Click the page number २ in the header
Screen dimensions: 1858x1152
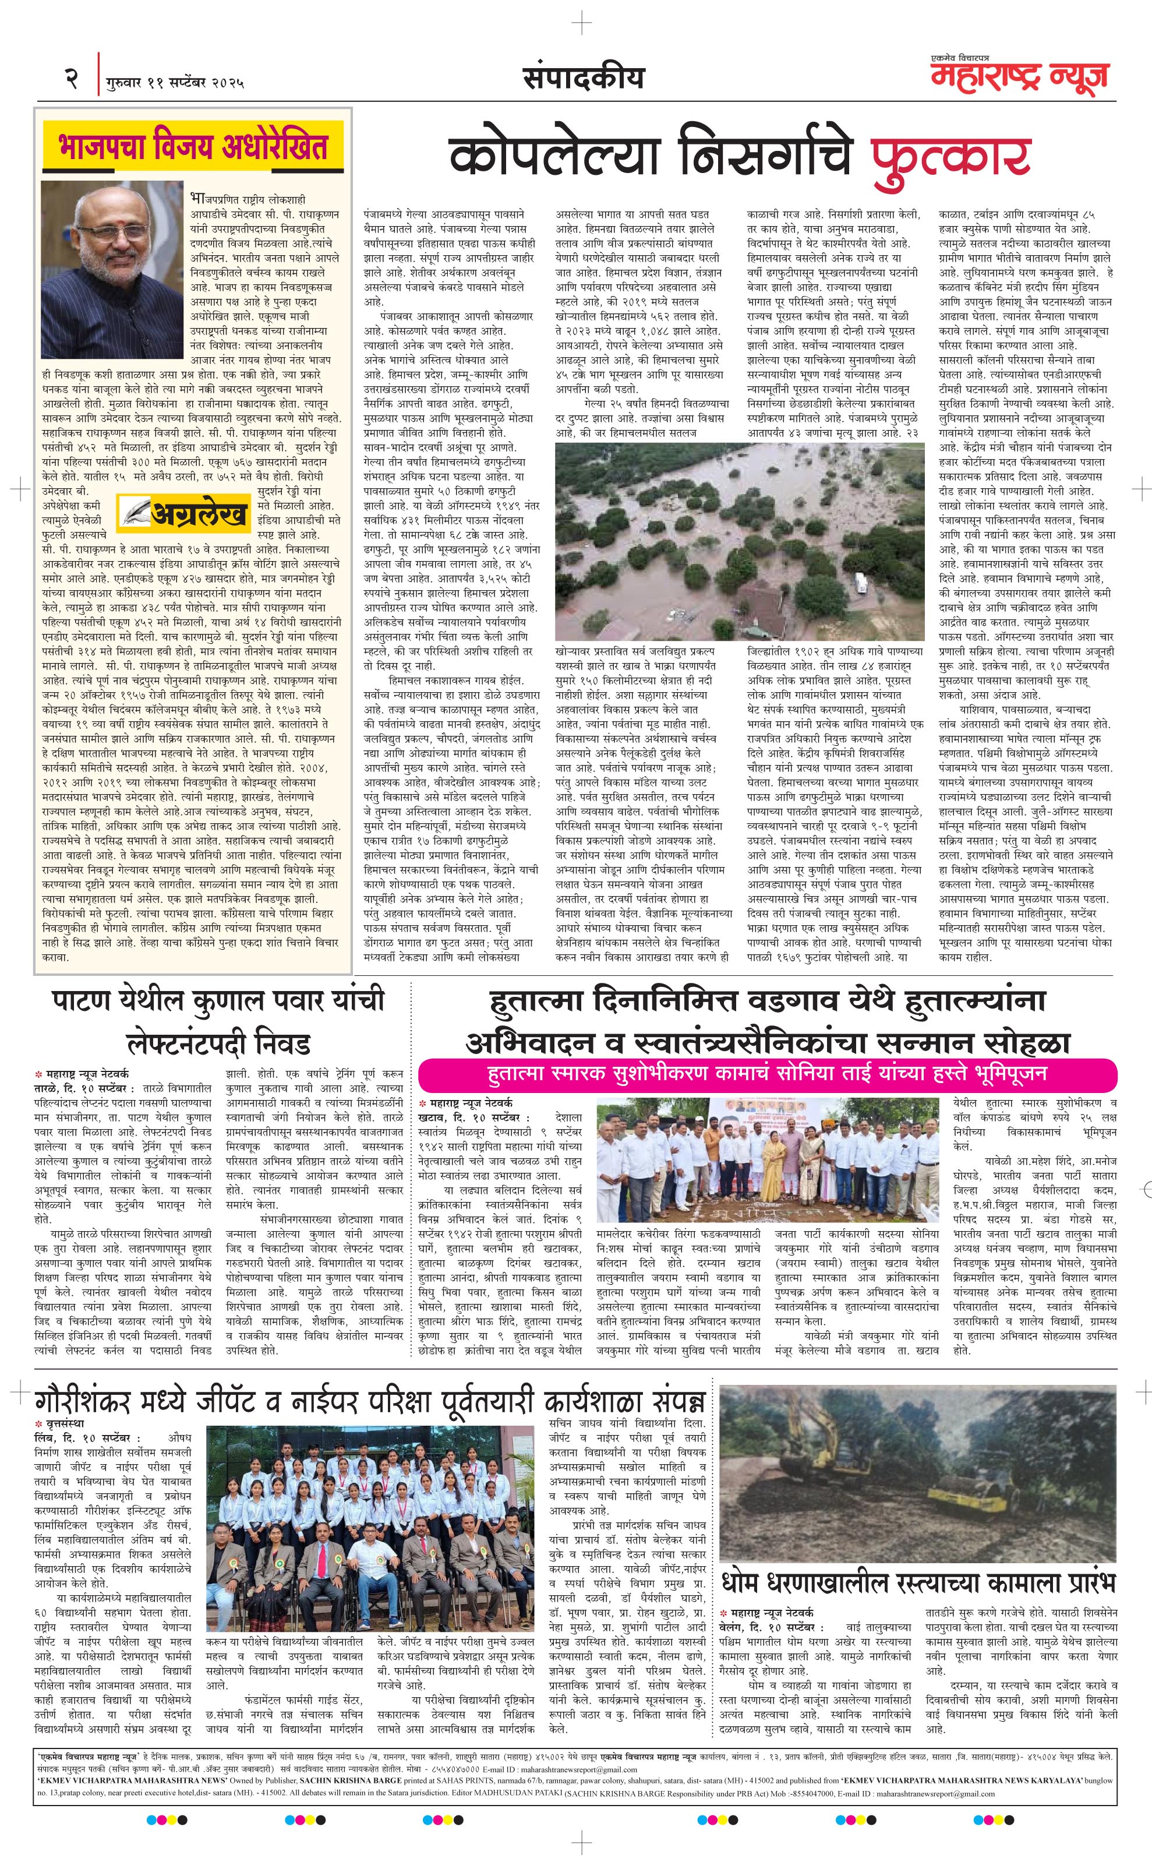[72, 79]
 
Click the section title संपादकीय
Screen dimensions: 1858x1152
[584, 77]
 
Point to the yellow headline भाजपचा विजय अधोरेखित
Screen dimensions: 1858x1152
[193, 146]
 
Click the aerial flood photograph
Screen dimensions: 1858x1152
[739, 541]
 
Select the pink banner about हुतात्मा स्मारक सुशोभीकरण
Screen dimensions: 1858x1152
[767, 1074]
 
